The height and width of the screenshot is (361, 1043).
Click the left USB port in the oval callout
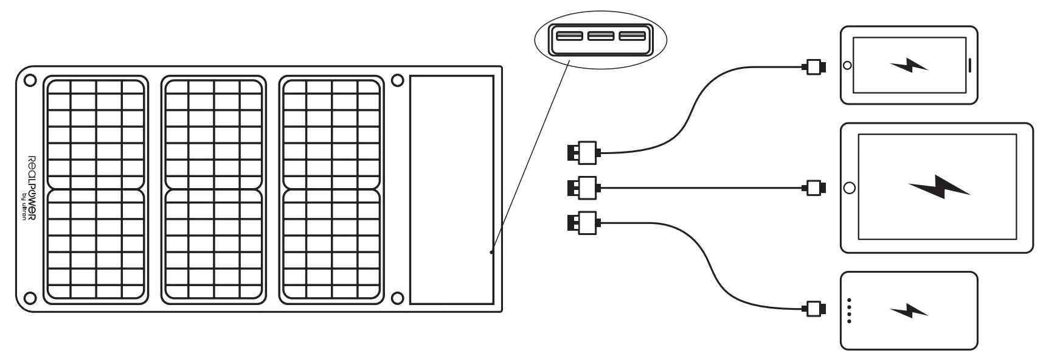point(569,36)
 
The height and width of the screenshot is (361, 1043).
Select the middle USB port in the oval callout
point(601,36)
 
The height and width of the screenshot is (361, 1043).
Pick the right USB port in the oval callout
point(632,36)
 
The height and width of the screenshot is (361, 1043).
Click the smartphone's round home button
point(847,65)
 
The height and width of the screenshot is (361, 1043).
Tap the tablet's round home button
point(849,188)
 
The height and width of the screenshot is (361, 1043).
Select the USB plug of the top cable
point(583,152)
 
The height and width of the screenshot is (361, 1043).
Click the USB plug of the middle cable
point(583,188)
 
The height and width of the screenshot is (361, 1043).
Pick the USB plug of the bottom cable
point(583,222)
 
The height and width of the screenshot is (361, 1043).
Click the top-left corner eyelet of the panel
point(30,80)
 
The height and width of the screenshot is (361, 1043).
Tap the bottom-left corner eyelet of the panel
point(29,298)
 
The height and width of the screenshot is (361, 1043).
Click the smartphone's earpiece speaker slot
point(969,65)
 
